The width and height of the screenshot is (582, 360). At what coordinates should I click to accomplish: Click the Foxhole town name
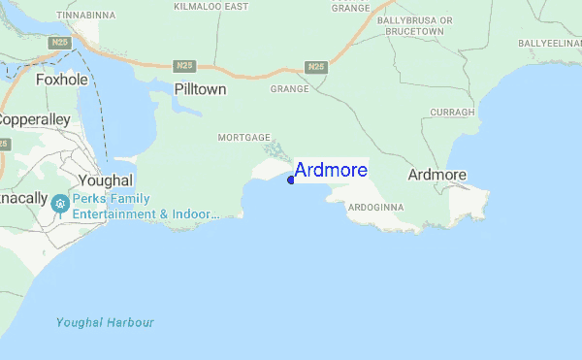tap(61, 80)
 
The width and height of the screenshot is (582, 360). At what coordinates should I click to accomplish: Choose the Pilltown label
tap(200, 88)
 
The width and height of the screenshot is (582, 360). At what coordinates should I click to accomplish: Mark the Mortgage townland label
tap(243, 138)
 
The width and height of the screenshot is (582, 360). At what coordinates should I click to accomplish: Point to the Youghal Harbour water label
tap(105, 322)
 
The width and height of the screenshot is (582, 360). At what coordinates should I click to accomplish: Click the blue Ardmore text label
tap(331, 171)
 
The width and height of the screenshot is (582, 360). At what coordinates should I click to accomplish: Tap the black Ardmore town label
tap(437, 175)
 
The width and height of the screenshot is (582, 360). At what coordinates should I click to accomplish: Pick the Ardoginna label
tap(373, 208)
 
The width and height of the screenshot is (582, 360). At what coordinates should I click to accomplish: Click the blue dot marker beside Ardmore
tap(291, 180)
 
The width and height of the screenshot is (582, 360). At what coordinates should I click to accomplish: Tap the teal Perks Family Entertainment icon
tap(60, 203)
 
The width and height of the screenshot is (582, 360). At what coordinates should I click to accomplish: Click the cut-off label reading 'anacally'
tap(23, 197)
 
